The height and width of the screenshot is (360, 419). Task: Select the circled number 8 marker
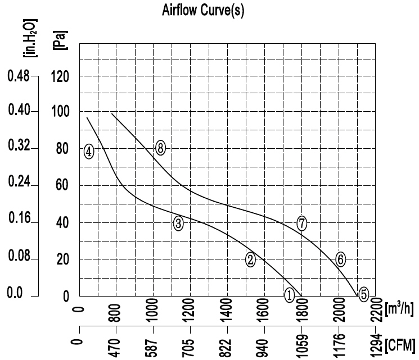161,148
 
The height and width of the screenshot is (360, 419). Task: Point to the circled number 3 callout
178,224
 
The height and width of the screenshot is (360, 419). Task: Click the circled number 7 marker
302,223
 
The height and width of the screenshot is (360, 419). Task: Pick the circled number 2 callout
251,259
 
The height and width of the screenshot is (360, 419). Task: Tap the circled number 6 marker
340,259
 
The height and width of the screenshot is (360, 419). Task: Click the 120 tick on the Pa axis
60,77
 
